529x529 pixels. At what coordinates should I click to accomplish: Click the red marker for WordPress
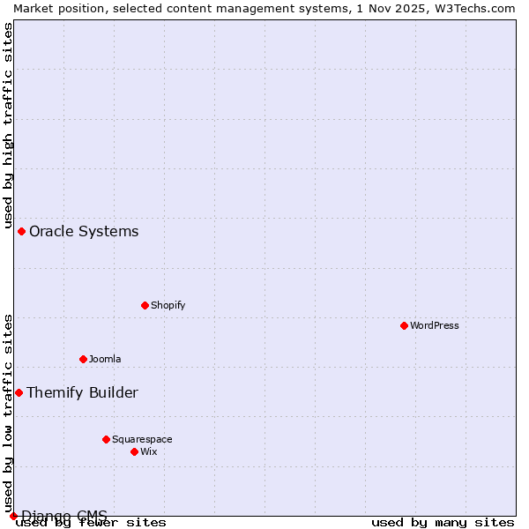(404, 325)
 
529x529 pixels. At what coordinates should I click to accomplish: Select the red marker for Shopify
(145, 305)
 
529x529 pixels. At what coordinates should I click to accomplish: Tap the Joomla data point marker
(83, 359)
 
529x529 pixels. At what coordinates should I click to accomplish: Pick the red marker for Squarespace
(106, 439)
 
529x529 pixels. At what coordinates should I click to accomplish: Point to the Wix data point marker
(134, 451)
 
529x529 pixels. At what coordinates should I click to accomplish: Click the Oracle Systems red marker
(21, 231)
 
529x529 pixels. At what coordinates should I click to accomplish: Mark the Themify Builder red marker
(19, 392)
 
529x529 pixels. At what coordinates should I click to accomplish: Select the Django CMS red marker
(13, 516)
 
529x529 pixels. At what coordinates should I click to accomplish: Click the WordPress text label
(435, 325)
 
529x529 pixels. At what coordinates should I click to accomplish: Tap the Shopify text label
(168, 305)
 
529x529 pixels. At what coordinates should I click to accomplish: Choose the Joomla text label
(105, 359)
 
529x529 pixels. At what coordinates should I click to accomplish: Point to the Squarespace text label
(142, 439)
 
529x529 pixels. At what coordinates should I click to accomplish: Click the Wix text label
(149, 451)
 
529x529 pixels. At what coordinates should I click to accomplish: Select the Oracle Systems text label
(84, 231)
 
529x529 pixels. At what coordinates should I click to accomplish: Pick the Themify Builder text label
(82, 392)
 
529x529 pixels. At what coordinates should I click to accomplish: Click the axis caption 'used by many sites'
(443, 522)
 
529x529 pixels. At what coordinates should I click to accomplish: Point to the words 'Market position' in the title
(53, 8)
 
